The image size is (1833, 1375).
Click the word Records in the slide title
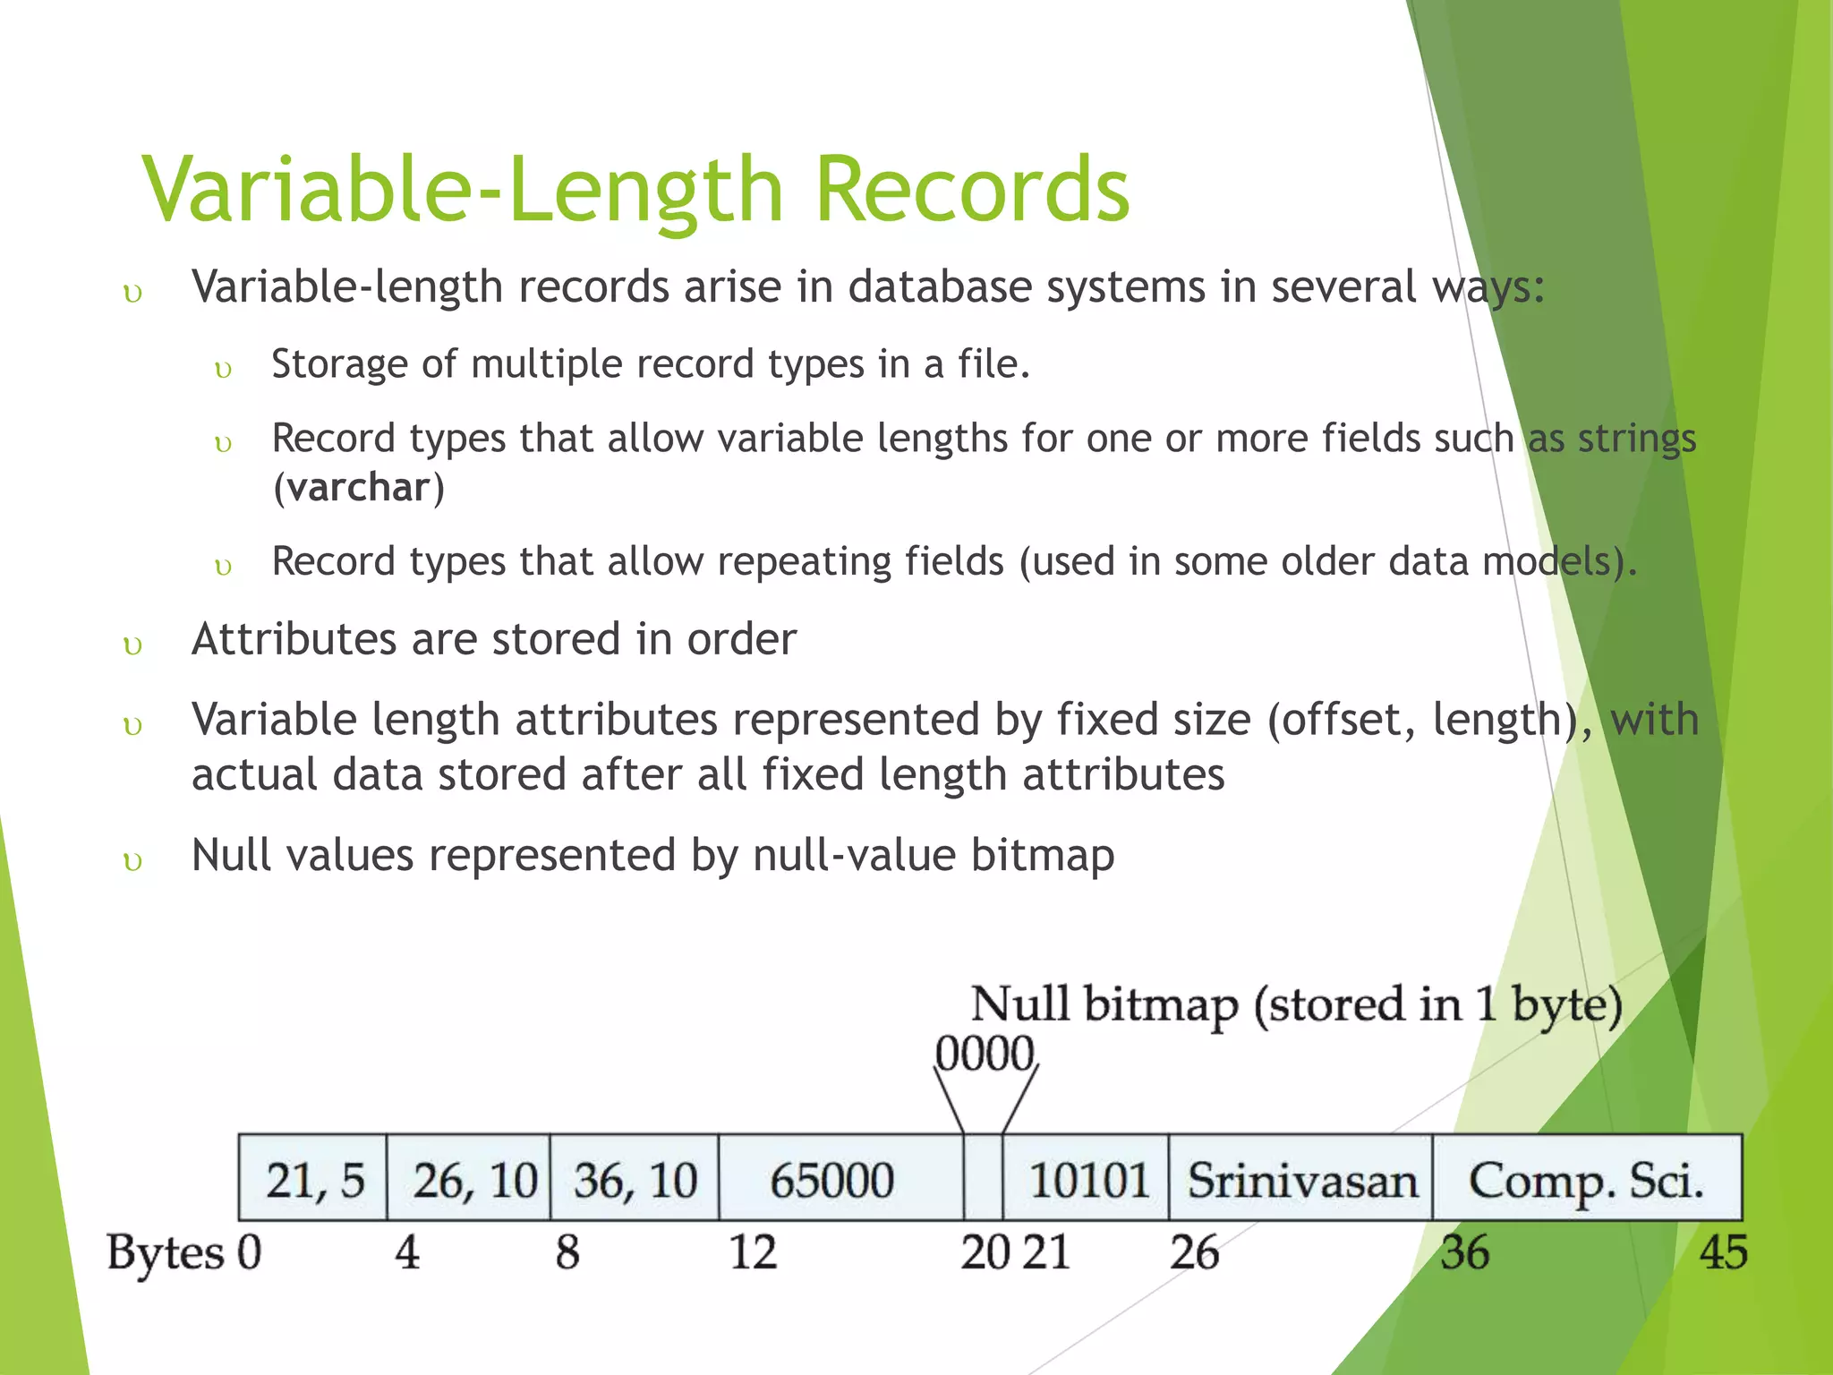(972, 189)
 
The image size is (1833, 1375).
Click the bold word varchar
(359, 488)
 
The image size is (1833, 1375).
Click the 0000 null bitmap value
(985, 1054)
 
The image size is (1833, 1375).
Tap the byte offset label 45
(1723, 1252)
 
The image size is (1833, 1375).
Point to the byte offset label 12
(752, 1252)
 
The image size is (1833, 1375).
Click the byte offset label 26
(1194, 1252)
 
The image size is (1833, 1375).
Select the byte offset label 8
(567, 1252)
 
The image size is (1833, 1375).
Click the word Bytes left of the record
(165, 1252)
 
